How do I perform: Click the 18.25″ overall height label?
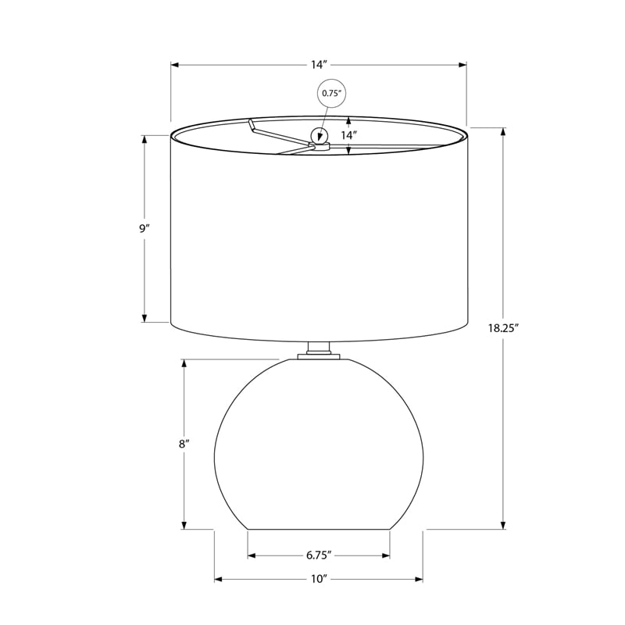(x=503, y=328)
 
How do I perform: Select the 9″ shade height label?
(x=144, y=229)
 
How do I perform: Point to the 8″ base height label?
(x=184, y=444)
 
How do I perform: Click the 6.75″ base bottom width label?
(x=319, y=555)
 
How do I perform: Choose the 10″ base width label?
(x=319, y=579)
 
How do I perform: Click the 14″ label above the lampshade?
(x=319, y=65)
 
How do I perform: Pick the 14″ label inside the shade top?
(x=348, y=135)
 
